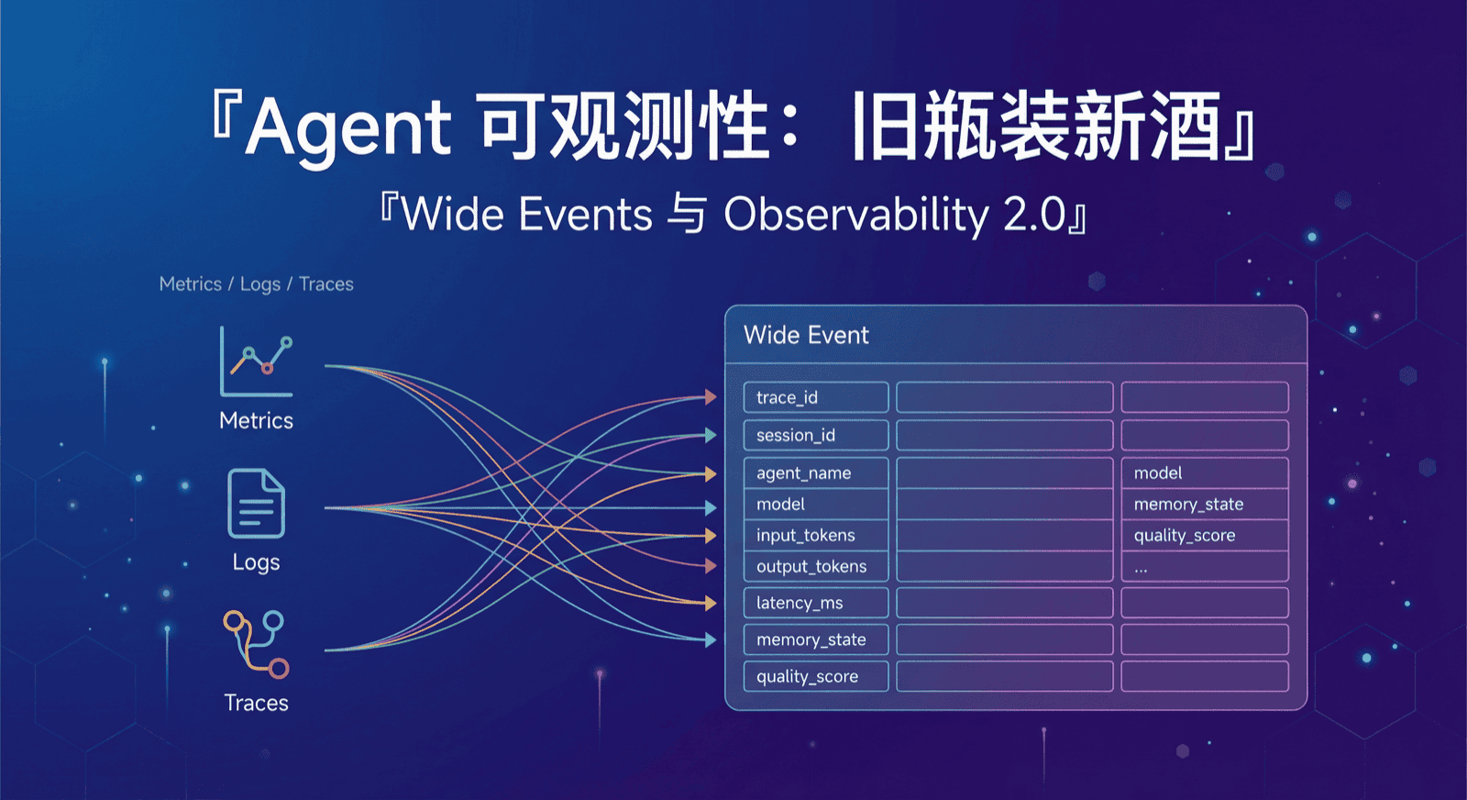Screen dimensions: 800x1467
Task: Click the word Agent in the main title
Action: (348, 127)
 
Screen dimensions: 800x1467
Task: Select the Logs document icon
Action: (256, 504)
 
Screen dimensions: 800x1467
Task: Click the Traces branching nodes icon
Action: (257, 644)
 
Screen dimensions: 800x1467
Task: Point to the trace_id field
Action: (815, 397)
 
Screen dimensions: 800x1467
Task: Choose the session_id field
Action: (815, 435)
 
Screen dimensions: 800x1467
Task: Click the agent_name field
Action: (815, 472)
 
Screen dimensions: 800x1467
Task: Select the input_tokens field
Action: (815, 535)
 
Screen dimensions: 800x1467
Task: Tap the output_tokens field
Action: (815, 566)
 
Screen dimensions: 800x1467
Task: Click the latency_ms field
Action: (815, 603)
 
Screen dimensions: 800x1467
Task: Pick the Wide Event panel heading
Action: (806, 335)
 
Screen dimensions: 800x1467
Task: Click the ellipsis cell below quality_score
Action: (1204, 567)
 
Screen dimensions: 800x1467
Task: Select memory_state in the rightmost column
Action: (1204, 504)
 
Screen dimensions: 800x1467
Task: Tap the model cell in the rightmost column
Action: (1204, 472)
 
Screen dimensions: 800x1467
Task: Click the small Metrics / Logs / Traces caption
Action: (256, 284)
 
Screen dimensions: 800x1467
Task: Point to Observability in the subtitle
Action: (855, 215)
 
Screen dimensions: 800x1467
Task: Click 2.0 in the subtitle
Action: (1033, 215)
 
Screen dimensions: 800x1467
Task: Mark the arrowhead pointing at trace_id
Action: (711, 397)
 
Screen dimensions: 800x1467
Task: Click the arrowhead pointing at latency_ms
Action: (711, 603)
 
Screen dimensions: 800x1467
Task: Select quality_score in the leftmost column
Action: (815, 676)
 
